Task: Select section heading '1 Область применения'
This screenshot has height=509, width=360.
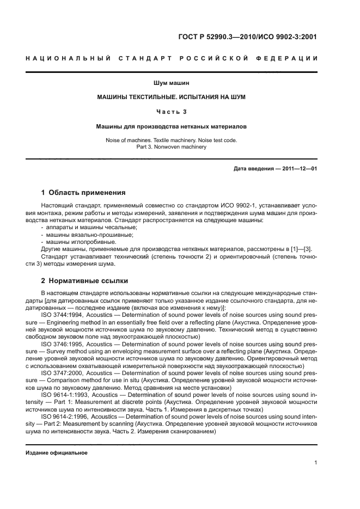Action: tap(83, 192)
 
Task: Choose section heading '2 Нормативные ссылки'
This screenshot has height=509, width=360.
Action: tap(84, 281)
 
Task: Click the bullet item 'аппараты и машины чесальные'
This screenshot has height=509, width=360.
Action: tap(92, 226)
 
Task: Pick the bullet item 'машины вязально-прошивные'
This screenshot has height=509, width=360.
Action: tap(89, 234)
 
